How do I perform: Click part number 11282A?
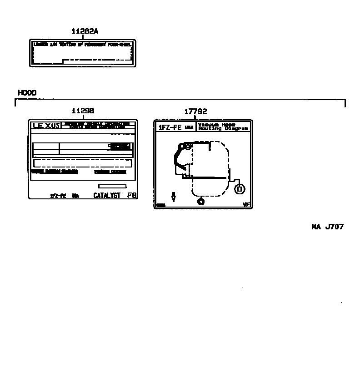(85, 31)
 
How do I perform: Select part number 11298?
(83, 111)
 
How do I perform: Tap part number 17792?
(195, 111)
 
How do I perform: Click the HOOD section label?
(27, 93)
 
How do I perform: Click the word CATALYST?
(107, 195)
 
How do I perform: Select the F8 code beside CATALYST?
(132, 195)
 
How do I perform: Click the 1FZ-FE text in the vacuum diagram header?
(170, 127)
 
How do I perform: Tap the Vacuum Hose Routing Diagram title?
(223, 127)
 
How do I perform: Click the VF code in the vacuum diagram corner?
(246, 205)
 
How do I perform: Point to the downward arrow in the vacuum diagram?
(173, 197)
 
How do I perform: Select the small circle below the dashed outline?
(200, 201)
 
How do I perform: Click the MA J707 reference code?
(327, 227)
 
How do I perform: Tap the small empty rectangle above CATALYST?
(112, 186)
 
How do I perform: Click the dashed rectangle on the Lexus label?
(82, 163)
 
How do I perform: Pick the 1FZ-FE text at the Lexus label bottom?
(58, 196)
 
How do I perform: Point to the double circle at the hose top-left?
(187, 146)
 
